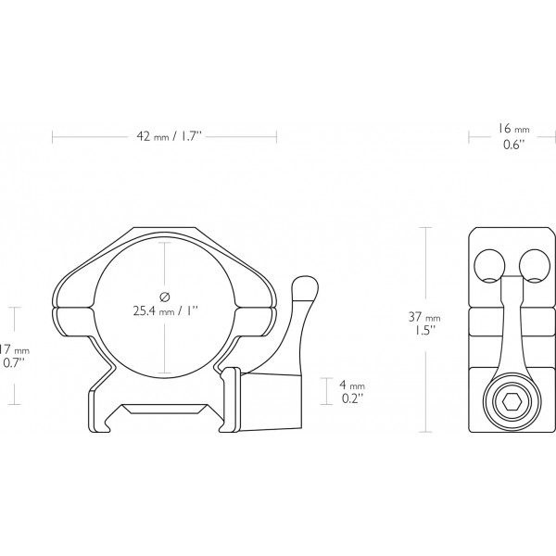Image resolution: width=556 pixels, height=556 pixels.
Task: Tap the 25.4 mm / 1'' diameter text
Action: (163, 311)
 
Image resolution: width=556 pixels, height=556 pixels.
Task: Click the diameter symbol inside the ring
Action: (163, 296)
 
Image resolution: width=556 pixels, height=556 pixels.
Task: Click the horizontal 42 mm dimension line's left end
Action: (53, 137)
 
